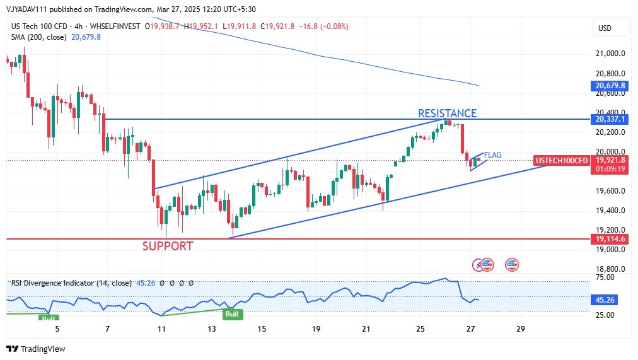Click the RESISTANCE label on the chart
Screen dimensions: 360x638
click(x=447, y=113)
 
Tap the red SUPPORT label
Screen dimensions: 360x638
click(x=168, y=247)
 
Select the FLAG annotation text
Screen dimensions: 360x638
click(x=493, y=154)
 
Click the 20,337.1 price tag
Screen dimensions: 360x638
click(x=610, y=119)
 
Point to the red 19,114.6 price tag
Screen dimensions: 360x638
click(x=610, y=239)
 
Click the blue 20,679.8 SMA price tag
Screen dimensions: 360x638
click(x=610, y=86)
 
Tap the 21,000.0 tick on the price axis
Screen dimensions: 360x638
click(x=610, y=54)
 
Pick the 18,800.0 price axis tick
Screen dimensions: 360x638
click(x=610, y=269)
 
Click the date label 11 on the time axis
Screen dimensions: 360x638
click(x=162, y=328)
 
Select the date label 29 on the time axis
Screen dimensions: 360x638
click(x=521, y=328)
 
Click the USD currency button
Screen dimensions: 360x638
click(x=605, y=28)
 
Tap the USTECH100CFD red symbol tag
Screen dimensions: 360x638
click(x=561, y=161)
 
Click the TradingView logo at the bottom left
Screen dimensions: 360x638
click(x=36, y=349)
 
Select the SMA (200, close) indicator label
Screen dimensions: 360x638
click(x=40, y=37)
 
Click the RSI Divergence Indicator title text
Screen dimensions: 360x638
click(x=53, y=283)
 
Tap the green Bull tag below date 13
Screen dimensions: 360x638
click(x=232, y=313)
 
